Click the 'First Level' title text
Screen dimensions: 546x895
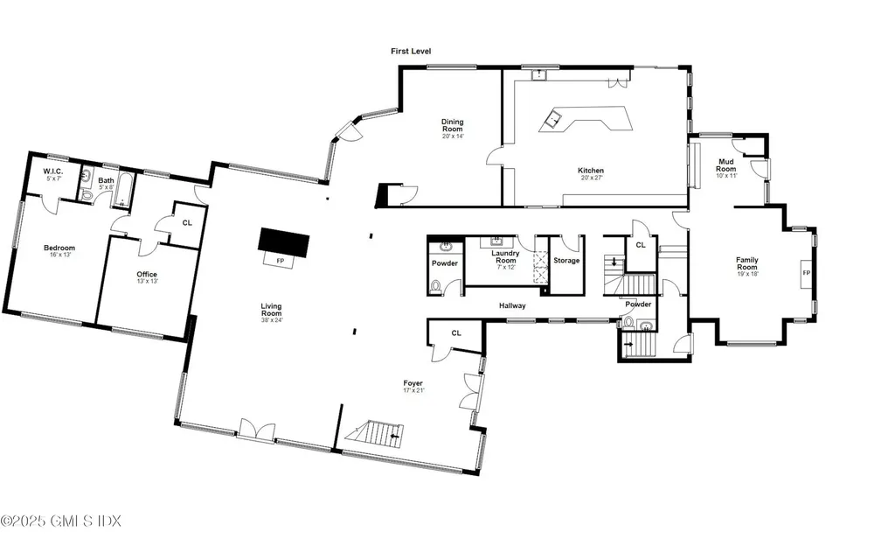tap(410, 52)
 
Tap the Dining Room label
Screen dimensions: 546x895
tap(452, 126)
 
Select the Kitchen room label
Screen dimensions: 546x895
tap(591, 174)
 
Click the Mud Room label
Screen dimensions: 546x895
tap(725, 165)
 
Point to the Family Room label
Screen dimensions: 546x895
tap(746, 264)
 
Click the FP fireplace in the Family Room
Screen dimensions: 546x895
tap(806, 274)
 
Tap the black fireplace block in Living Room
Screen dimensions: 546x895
tap(283, 241)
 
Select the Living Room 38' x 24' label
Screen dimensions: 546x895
tap(271, 312)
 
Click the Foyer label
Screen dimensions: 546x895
tap(413, 386)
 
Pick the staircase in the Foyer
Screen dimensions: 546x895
tap(378, 432)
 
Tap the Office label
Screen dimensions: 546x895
tap(147, 277)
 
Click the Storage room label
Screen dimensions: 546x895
tap(566, 261)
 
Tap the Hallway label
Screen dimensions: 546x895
tap(512, 306)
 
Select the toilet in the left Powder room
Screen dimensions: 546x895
tap(437, 284)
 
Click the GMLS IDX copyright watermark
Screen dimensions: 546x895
tap(61, 521)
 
